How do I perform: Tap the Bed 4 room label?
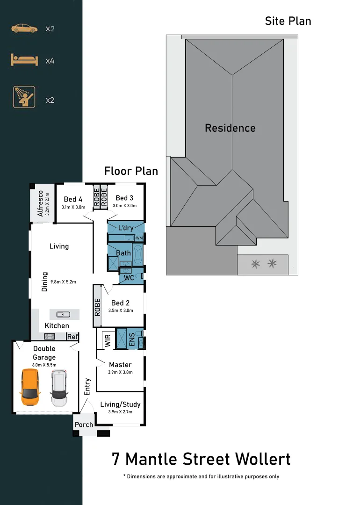pos(73,199)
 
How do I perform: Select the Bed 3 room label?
pos(124,198)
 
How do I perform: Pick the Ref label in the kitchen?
pos(72,337)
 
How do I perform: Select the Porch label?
pos(84,425)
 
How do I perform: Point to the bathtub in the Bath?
pos(138,255)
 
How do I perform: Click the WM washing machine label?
pos(139,238)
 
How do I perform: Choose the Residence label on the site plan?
pos(230,128)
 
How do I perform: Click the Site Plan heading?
pos(288,21)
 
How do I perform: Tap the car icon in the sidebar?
pos(24,29)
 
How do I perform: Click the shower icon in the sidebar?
pos(24,97)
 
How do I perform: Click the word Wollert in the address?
pos(262,459)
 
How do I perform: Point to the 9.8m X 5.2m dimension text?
pos(63,282)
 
